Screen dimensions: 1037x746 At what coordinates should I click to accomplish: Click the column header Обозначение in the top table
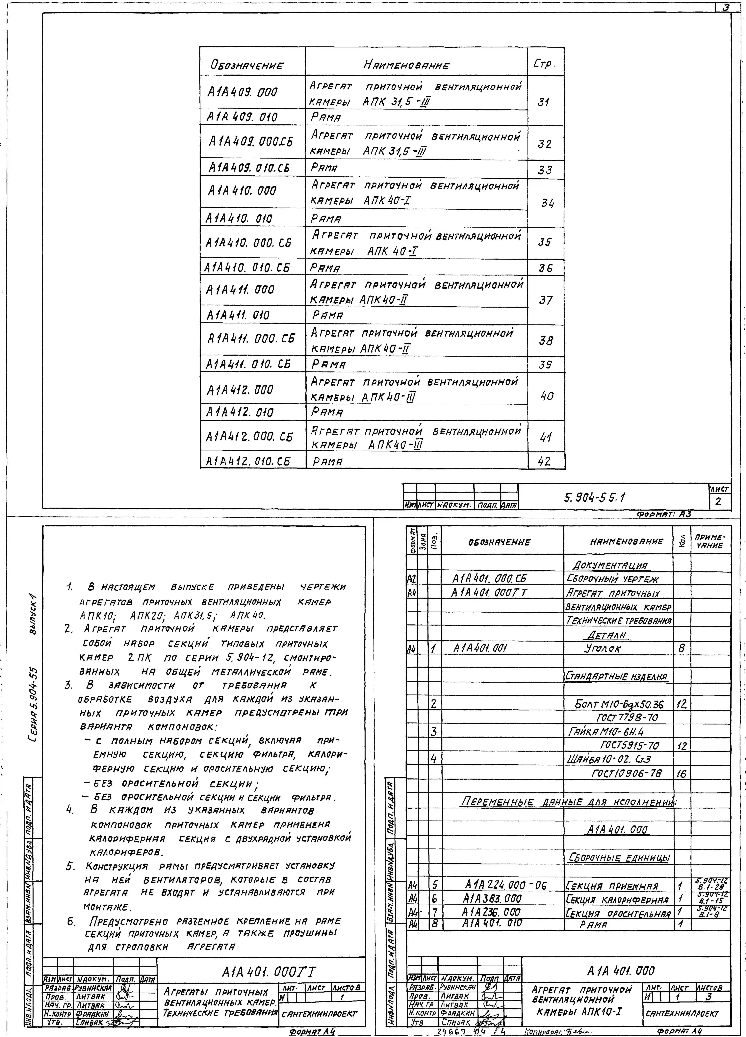click(247, 65)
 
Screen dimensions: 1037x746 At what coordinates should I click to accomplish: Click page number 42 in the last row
click(544, 461)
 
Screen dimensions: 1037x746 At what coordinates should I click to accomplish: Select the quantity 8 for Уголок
click(682, 648)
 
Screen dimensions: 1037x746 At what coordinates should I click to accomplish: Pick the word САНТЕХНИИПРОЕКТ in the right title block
click(682, 1013)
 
